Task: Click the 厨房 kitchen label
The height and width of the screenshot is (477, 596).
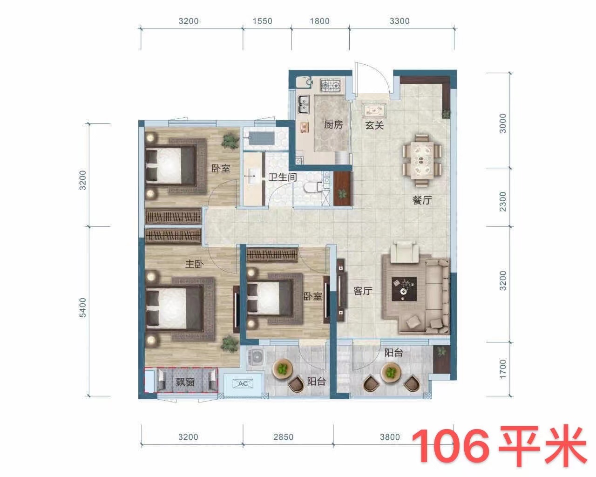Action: pos(333,125)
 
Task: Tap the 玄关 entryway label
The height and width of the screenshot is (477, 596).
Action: pos(374,125)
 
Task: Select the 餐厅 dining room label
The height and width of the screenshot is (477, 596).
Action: pos(422,201)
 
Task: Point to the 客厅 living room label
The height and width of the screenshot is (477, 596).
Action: pos(363,292)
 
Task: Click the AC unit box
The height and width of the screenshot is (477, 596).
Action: pos(242,383)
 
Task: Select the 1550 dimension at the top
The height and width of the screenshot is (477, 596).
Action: pos(262,21)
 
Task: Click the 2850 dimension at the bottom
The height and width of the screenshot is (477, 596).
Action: pos(284,437)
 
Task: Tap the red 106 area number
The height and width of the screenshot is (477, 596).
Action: pos(451,446)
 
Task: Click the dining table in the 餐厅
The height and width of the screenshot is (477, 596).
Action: pos(422,157)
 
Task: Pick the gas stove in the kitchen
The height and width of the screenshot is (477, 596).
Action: pos(330,85)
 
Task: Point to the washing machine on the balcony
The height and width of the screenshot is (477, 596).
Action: pos(256,357)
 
